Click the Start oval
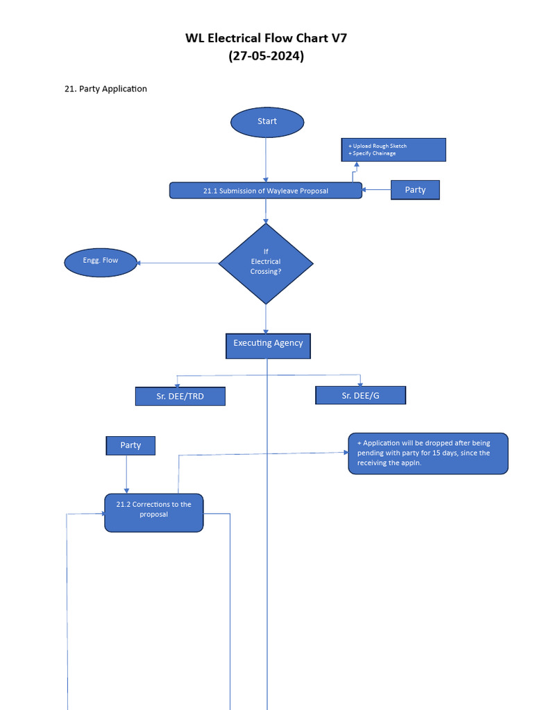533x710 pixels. pos(267,122)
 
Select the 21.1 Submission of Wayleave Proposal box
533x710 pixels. pos(266,191)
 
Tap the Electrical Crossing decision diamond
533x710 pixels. pos(266,263)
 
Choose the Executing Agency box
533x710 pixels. pos(268,345)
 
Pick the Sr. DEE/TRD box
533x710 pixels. pos(180,397)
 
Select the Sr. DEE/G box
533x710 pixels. pos(361,395)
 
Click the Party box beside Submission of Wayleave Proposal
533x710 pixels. pos(415,190)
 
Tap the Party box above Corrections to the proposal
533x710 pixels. pos(130,446)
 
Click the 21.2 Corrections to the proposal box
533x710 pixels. pos(154,512)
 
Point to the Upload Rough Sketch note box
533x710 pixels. pos(394,150)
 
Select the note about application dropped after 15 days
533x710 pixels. pos(428,453)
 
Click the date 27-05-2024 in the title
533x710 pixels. pos(266,57)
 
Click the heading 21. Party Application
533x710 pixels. pos(105,89)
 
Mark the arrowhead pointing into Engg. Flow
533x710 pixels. pos(139,263)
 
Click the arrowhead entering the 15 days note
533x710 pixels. pos(345,452)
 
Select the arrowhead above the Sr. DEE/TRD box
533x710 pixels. pos(178,383)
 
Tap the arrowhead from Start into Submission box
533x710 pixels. pos(266,180)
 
